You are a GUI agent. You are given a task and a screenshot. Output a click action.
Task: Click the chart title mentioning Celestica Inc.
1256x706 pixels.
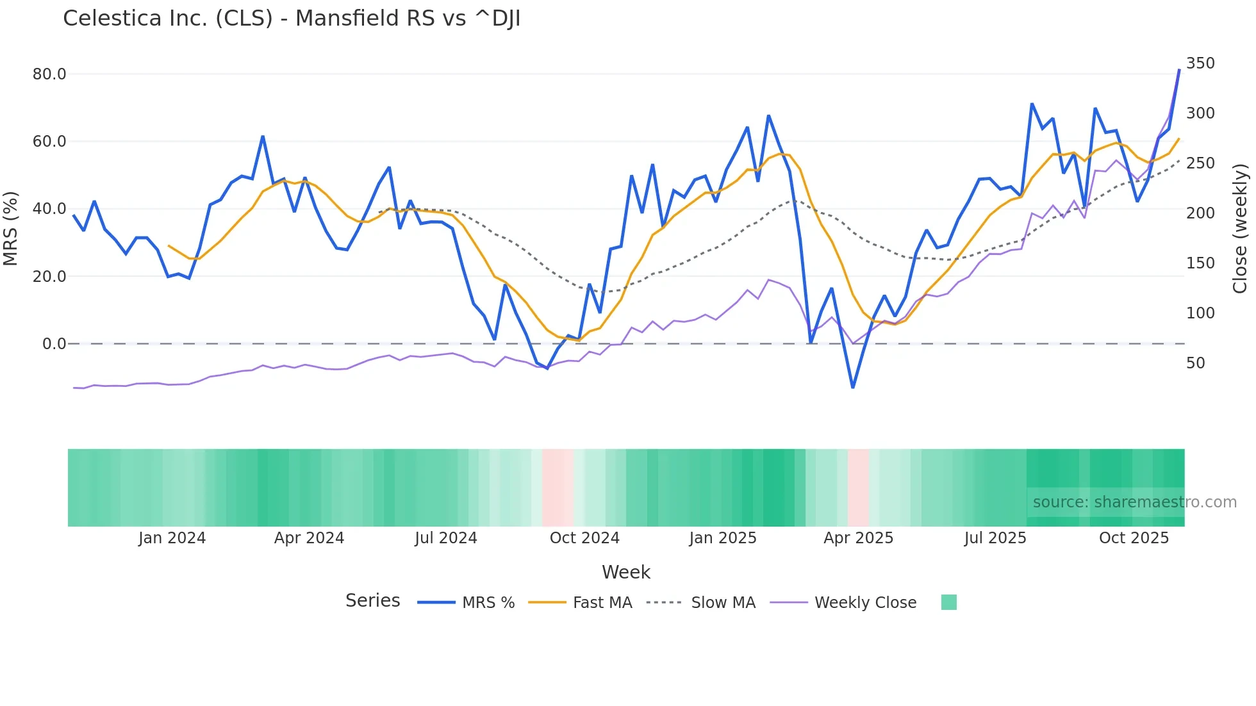292,19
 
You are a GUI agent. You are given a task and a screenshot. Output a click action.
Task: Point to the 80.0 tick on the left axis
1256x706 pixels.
49,74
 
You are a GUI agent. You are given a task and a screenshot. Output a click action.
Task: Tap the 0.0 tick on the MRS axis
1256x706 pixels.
54,344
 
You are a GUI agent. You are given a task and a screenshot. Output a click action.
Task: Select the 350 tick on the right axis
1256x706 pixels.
1200,63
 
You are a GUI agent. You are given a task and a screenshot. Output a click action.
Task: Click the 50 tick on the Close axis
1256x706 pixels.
1195,363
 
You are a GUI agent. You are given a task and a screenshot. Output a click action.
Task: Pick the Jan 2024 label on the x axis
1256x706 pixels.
172,538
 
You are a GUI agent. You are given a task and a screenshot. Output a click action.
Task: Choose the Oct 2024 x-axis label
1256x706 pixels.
584,538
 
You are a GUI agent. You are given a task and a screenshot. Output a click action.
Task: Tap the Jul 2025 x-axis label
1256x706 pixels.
995,538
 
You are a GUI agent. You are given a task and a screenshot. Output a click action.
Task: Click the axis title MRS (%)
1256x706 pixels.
10,228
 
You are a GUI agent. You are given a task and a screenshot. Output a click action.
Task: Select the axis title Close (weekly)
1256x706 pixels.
1240,229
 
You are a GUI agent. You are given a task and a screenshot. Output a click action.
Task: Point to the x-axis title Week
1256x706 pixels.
625,572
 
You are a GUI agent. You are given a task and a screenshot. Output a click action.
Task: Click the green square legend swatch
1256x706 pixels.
948,602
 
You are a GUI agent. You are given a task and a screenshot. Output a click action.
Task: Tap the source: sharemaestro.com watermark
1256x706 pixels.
1134,502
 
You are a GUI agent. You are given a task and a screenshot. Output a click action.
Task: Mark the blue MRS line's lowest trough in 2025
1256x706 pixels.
853,387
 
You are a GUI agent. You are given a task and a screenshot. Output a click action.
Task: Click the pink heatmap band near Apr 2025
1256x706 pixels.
858,488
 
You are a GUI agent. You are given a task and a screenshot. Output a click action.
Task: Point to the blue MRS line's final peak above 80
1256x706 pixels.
1179,70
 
